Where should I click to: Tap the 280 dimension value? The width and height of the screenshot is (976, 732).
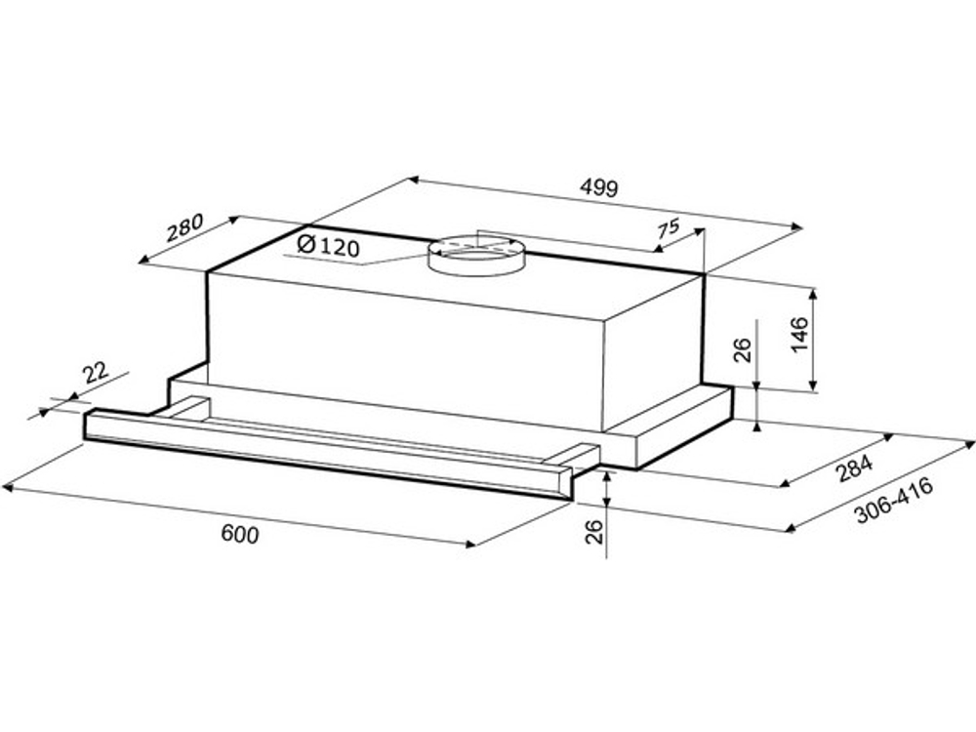185,227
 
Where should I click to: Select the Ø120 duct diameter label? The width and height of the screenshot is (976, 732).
329,246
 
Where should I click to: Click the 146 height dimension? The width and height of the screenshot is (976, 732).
798,334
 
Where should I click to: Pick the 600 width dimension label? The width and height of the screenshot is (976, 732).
240,534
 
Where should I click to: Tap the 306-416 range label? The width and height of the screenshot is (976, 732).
894,500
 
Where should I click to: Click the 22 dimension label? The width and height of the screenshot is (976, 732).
97,373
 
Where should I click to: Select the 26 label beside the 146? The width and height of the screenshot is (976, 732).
743,350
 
